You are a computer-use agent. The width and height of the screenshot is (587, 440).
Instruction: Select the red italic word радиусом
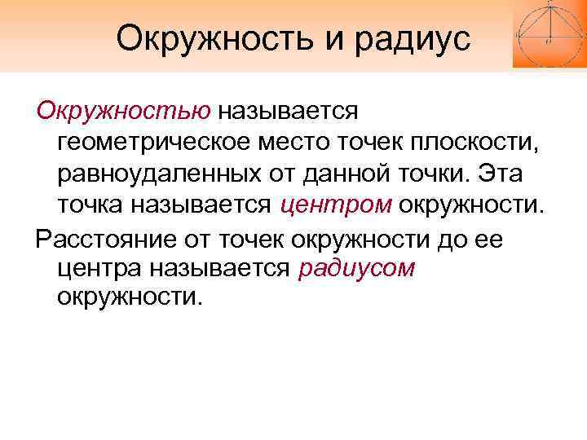357,269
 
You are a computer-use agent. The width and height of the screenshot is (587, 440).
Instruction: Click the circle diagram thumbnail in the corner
549,33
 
